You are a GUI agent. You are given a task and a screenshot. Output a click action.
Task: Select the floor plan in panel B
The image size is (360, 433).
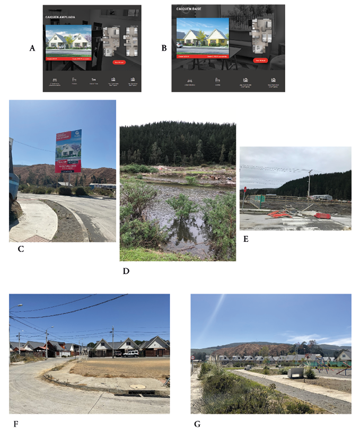pyautogui.click(x=260, y=37)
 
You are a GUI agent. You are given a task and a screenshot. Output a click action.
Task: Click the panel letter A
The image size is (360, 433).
pyautogui.click(x=32, y=48)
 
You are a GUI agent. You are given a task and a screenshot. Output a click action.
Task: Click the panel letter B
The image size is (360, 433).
pyautogui.click(x=164, y=48)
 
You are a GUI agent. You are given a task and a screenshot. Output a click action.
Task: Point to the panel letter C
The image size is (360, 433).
pyautogui.click(x=22, y=249)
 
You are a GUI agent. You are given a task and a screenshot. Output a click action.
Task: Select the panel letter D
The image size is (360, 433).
pyautogui.click(x=126, y=271)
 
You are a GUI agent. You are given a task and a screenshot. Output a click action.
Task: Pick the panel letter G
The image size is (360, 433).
pyautogui.click(x=198, y=423)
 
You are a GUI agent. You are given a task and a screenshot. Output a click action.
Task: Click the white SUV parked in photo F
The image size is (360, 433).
pyautogui.click(x=131, y=353)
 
